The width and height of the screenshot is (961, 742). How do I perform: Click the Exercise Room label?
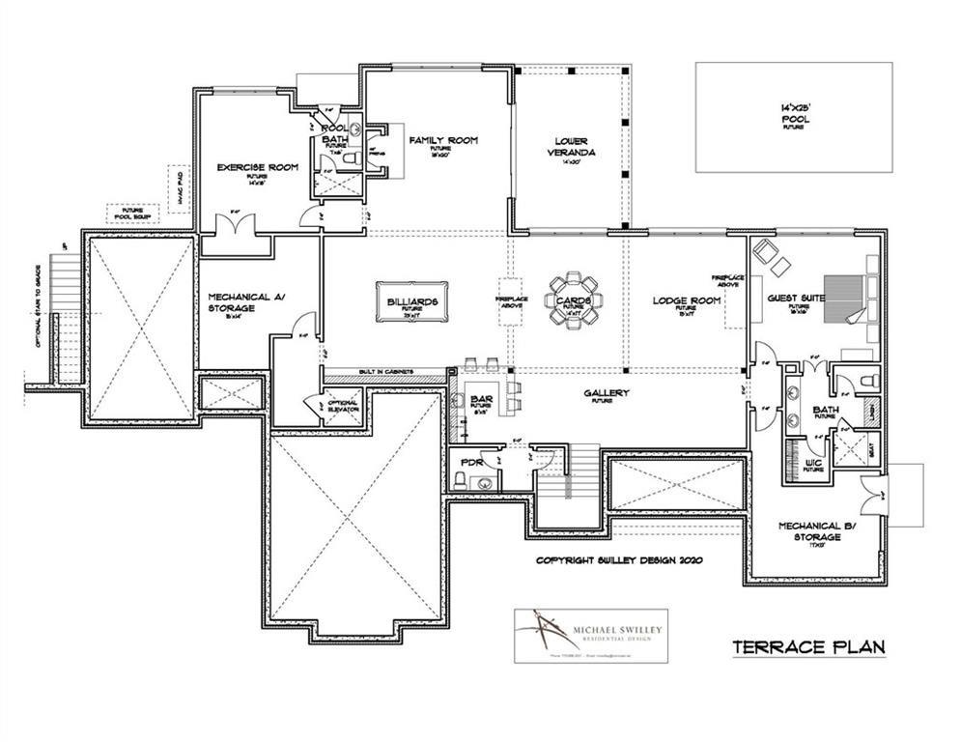click(x=257, y=167)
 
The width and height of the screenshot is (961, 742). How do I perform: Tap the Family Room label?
click(x=442, y=141)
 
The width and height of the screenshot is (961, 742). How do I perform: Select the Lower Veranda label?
click(x=568, y=146)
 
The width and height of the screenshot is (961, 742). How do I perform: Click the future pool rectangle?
click(x=794, y=118)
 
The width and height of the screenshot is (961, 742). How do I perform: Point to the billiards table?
click(x=409, y=302)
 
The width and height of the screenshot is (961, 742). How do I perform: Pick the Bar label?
click(x=481, y=398)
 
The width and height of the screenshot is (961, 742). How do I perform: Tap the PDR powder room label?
click(x=470, y=462)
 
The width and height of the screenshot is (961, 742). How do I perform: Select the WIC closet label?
click(x=813, y=463)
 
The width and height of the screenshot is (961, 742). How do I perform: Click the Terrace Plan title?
click(x=807, y=646)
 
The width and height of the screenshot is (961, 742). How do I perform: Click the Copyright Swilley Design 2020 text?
click(x=619, y=559)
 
